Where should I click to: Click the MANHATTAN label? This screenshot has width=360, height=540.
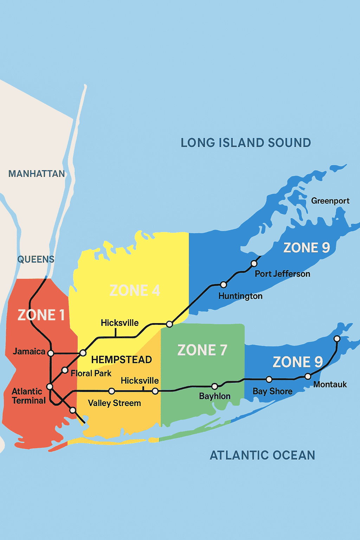pyautogui.click(x=37, y=174)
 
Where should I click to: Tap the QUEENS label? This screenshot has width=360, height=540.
pyautogui.click(x=36, y=259)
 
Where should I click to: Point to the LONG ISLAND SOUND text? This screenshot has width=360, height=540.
pyautogui.click(x=246, y=143)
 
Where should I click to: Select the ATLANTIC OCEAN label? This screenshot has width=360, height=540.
pyautogui.click(x=262, y=455)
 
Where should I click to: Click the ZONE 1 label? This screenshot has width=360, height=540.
pyautogui.click(x=41, y=315)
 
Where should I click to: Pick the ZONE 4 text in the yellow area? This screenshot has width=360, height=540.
pyautogui.click(x=135, y=290)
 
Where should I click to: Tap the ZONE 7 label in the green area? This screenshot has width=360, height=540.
pyautogui.click(x=202, y=350)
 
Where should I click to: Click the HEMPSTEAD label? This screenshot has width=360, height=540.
pyautogui.click(x=122, y=360)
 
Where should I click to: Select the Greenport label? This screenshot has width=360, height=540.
pyautogui.click(x=330, y=201)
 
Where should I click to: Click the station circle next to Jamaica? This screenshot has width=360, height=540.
pyautogui.click(x=51, y=353)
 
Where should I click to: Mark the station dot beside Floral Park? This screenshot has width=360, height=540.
pyautogui.click(x=65, y=370)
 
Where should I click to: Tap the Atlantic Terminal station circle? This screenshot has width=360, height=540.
pyautogui.click(x=50, y=387)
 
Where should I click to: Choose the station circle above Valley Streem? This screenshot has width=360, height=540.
pyautogui.click(x=111, y=391)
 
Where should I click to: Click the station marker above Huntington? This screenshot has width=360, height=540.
pyautogui.click(x=223, y=284)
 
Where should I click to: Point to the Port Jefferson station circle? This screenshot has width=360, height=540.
pyautogui.click(x=254, y=263)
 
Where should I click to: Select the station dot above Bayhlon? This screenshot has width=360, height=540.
pyautogui.click(x=214, y=387)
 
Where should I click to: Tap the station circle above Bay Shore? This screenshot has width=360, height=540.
pyautogui.click(x=269, y=379)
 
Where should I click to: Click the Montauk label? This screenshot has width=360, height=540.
pyautogui.click(x=330, y=384)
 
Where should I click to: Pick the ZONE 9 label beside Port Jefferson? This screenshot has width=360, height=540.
pyautogui.click(x=307, y=248)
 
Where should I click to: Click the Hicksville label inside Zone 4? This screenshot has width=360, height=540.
pyautogui.click(x=120, y=323)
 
